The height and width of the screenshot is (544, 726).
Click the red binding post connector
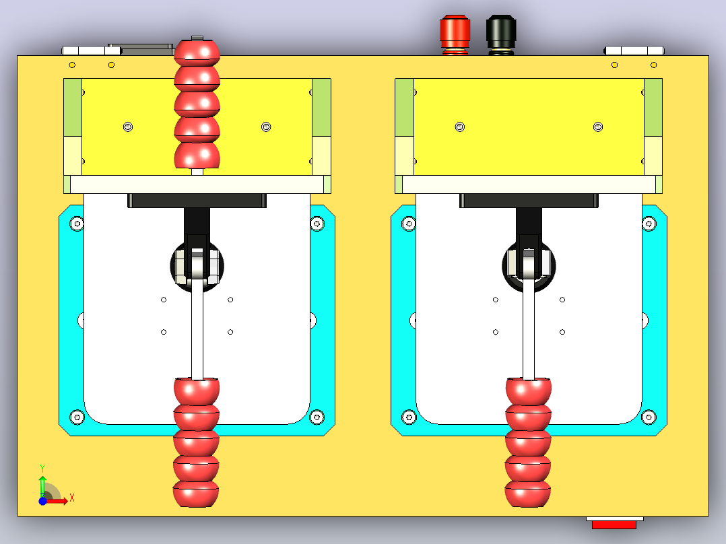[455, 35]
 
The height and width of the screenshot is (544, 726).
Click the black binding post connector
[501, 35]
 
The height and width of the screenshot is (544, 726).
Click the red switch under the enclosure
[614, 524]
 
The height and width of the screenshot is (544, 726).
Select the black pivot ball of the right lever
[529, 266]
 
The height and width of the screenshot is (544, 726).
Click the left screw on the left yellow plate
[128, 127]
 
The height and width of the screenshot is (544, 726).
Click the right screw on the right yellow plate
[598, 127]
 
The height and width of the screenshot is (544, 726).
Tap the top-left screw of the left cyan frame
[77, 224]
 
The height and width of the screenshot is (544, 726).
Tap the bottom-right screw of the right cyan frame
[649, 417]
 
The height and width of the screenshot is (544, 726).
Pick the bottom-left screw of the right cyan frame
[409, 417]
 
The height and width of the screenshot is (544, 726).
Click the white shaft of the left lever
[197, 329]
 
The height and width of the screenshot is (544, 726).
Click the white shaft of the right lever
[529, 329]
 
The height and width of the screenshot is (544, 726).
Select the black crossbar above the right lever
[529, 201]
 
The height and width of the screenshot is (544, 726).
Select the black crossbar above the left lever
[197, 201]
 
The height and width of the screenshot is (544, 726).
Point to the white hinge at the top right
[634, 51]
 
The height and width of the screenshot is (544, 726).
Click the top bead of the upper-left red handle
[197, 52]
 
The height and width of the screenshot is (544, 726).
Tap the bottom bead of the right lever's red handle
[528, 494]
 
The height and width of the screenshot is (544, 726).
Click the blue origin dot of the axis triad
[42, 501]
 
